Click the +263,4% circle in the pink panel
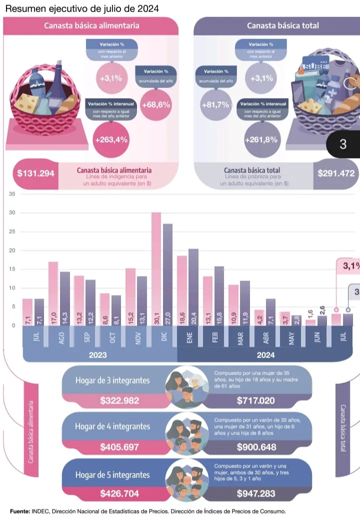(x=111, y=140)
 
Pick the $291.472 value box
(x=336, y=174)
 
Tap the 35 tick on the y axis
(x=12, y=194)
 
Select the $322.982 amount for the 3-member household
(x=119, y=400)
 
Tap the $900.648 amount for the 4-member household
(x=256, y=447)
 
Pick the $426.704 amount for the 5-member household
(x=119, y=493)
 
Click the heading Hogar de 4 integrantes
(x=112, y=426)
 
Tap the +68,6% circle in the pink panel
(x=156, y=105)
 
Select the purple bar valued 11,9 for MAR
(x=244, y=303)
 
